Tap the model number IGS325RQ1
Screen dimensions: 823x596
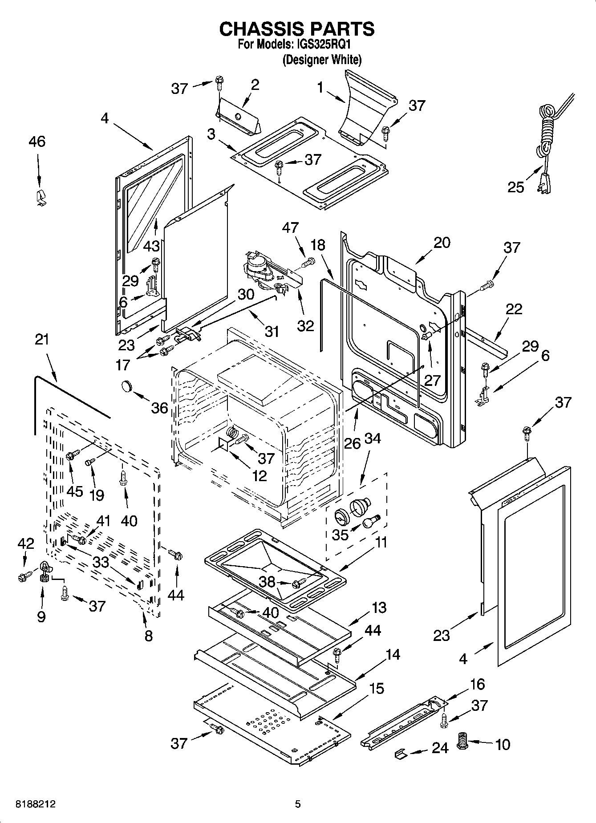(x=327, y=45)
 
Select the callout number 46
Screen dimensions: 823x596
(x=37, y=142)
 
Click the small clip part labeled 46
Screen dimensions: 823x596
(x=40, y=197)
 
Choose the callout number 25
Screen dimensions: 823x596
(x=516, y=187)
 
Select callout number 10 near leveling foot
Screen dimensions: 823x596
(x=503, y=744)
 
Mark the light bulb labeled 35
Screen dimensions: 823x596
(x=370, y=523)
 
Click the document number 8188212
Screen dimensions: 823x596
(x=36, y=804)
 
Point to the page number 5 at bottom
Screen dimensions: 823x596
(x=298, y=804)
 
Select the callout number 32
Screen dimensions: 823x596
(x=306, y=326)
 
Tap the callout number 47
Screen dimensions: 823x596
(x=290, y=227)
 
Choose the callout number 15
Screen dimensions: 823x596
(x=377, y=689)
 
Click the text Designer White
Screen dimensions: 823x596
(x=322, y=60)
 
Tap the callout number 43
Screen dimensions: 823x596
(x=152, y=245)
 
